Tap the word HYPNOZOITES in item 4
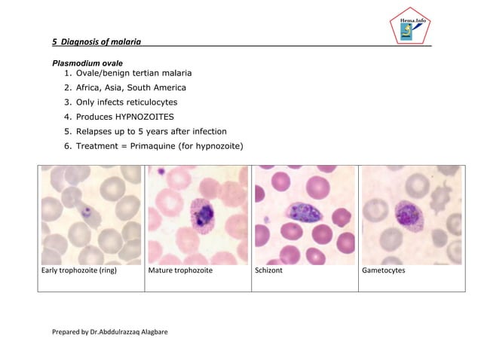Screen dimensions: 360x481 144,117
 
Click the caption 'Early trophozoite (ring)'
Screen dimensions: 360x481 78,270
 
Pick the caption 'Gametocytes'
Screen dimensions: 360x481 384,270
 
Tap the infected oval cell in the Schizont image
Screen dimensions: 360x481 305,212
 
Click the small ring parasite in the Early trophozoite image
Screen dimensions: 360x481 86,212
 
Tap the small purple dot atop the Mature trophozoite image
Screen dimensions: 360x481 161,172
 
